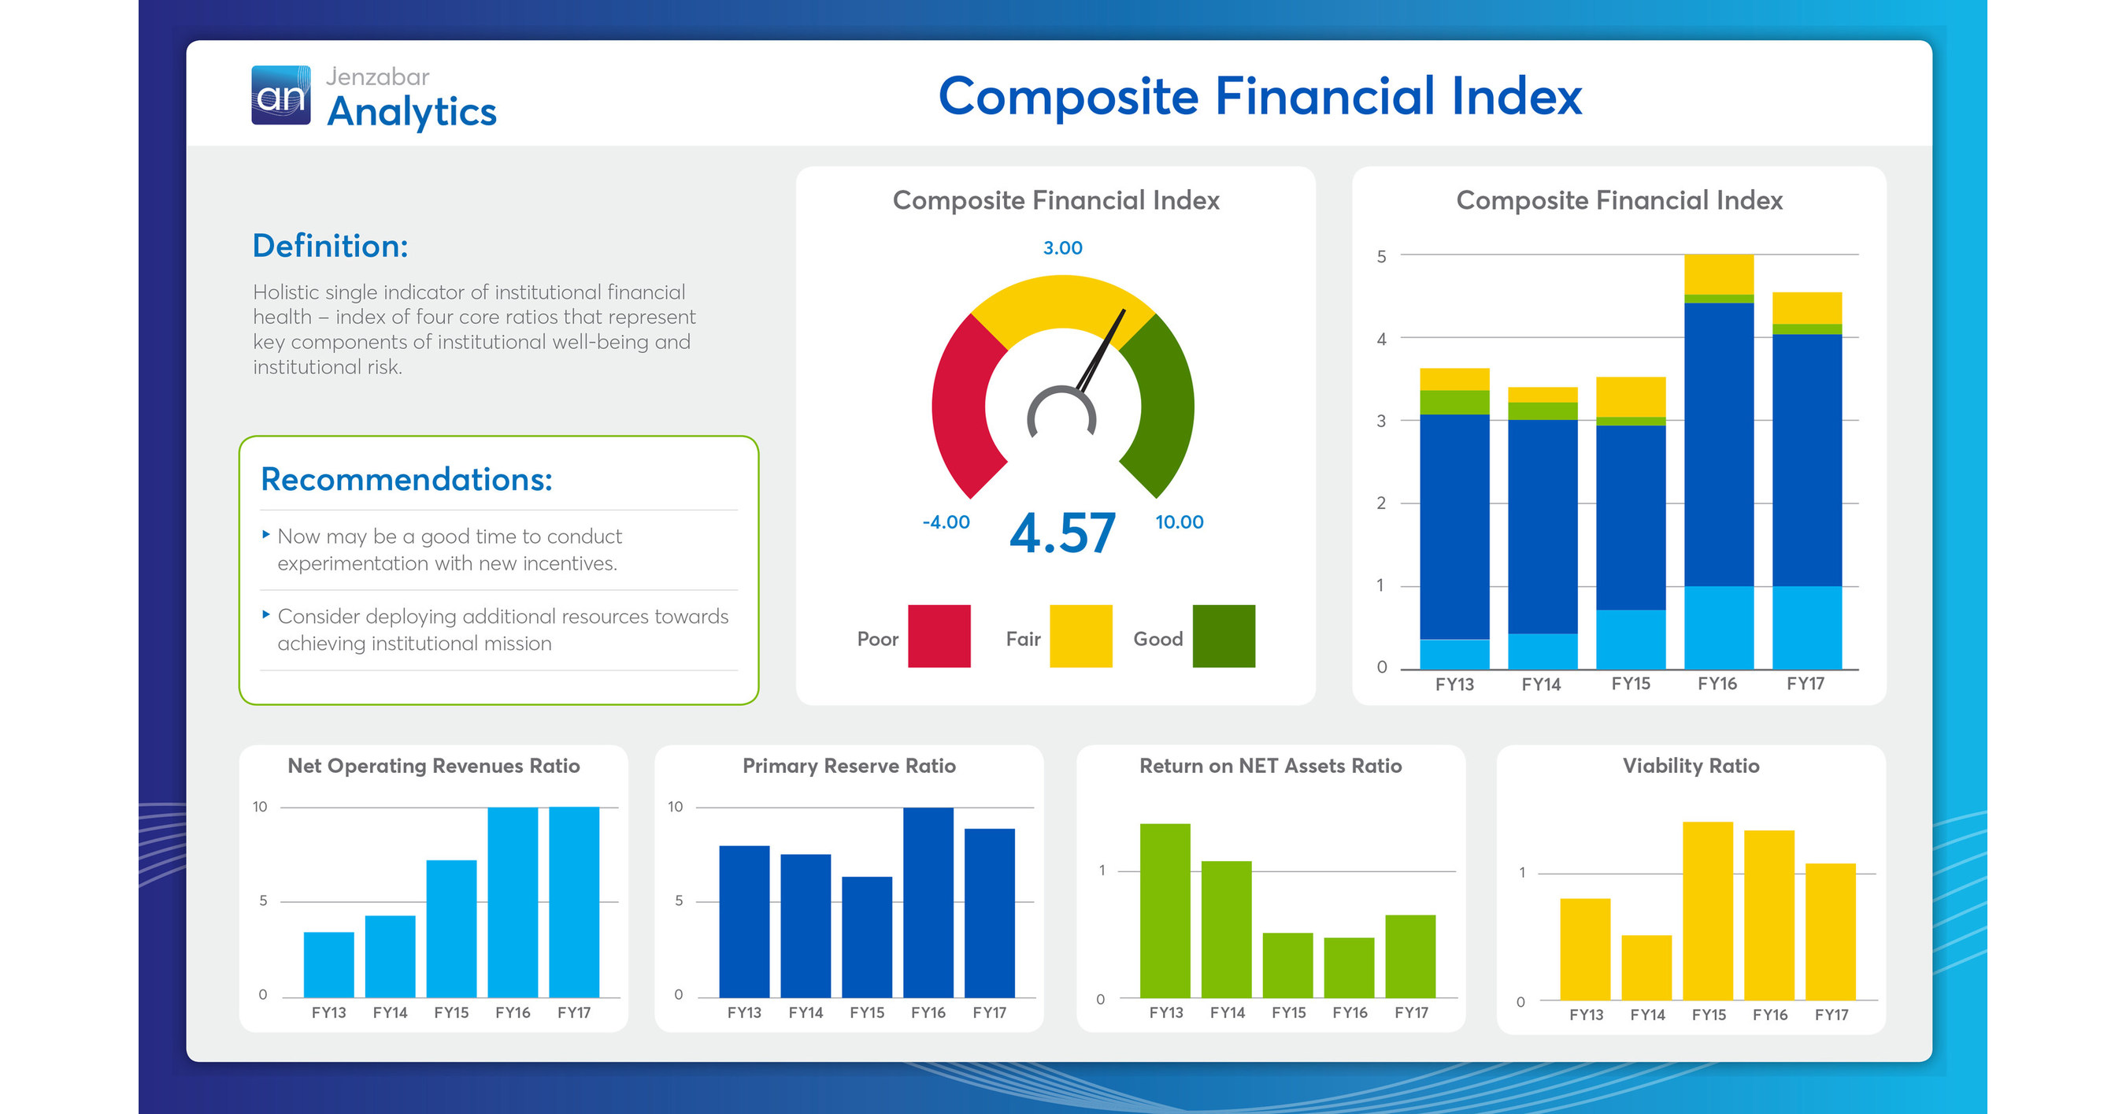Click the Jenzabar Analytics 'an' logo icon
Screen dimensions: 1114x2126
coord(280,96)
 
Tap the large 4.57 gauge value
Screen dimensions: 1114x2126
coord(1062,533)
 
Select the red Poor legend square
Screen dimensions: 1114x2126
coord(939,636)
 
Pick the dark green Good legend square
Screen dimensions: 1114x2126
coord(1223,636)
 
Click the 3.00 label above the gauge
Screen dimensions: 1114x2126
coord(1062,247)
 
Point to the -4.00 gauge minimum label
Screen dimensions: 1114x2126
coord(946,522)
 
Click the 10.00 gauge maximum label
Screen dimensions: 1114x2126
coord(1179,522)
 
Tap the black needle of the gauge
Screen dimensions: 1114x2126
coord(1102,350)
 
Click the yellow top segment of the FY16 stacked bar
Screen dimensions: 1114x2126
coord(1718,273)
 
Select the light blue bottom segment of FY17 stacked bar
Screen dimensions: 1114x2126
coord(1806,627)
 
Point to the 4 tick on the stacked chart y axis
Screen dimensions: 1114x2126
coord(1381,339)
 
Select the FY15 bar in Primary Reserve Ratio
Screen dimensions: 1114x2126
coord(867,937)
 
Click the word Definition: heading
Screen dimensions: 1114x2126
coord(330,246)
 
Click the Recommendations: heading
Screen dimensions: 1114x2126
coord(406,479)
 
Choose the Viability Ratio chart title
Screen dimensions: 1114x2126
coord(1691,766)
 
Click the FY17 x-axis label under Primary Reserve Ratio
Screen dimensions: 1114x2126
coord(989,1012)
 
